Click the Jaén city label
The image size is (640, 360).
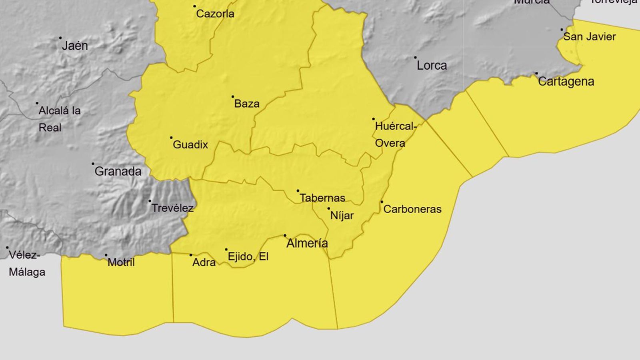(75, 46)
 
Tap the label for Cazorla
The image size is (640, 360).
(215, 14)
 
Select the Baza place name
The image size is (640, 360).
(247, 104)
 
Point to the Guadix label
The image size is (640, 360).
(190, 145)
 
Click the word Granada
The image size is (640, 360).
(118, 172)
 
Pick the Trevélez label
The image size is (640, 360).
(172, 208)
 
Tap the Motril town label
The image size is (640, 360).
(121, 262)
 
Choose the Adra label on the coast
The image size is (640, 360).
(204, 262)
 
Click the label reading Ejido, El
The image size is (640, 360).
(248, 256)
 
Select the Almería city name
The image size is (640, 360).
(307, 243)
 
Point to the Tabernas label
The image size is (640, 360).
(322, 198)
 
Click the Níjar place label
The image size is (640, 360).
(342, 216)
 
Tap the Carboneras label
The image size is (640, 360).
(412, 209)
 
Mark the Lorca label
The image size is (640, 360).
(432, 66)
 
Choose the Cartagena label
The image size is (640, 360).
(566, 82)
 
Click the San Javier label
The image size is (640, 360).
(590, 37)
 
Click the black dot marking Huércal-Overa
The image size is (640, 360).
(374, 119)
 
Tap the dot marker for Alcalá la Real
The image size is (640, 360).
(37, 103)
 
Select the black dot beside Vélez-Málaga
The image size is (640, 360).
(7, 248)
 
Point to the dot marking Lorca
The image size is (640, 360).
(415, 58)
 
